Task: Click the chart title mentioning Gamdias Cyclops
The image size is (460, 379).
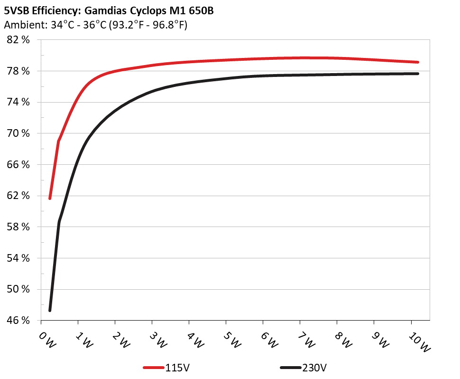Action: [x=109, y=10]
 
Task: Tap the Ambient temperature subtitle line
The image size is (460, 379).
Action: [x=95, y=25]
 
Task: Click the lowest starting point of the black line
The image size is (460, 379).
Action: [x=50, y=310]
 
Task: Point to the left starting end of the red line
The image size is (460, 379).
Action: [x=50, y=198]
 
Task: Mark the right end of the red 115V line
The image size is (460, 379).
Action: [x=418, y=62]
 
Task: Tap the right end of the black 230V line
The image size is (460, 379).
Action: [x=418, y=74]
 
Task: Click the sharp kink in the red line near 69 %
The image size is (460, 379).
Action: [x=59, y=141]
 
